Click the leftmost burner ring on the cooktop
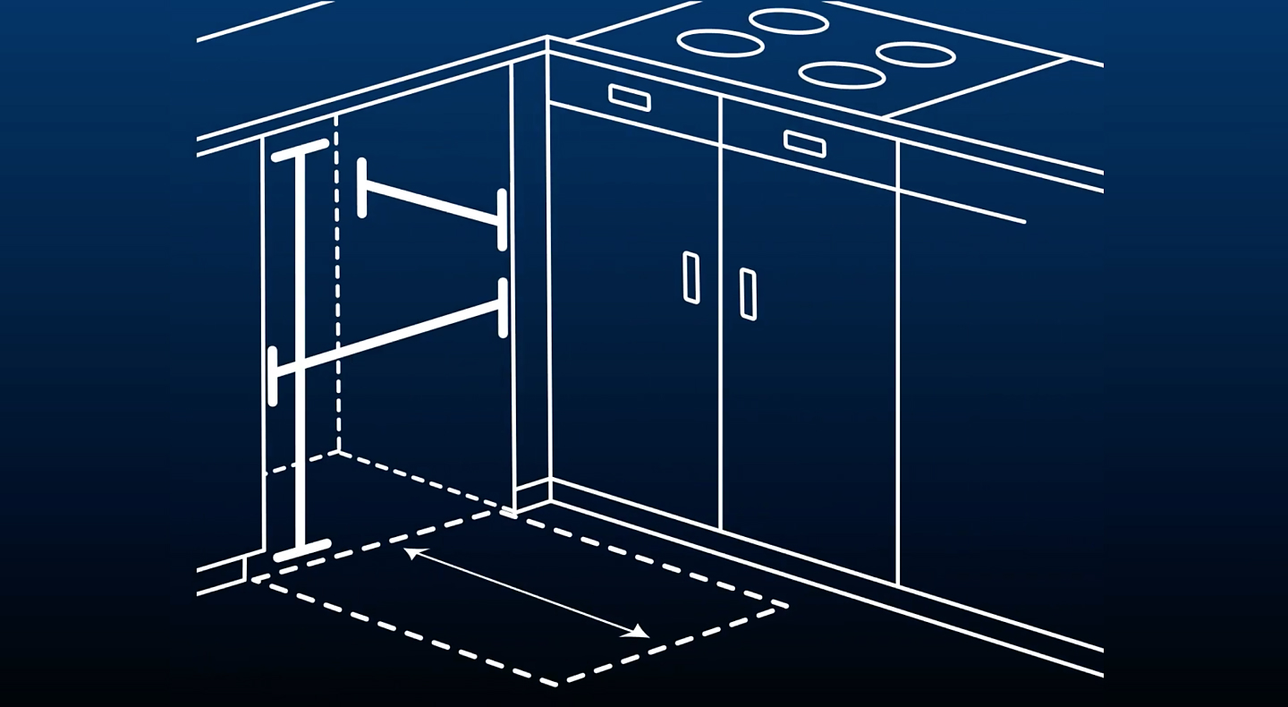coord(720,42)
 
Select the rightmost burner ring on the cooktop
coord(915,55)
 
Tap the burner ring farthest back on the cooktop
coord(788,21)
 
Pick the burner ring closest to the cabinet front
coord(842,74)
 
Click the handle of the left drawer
coord(629,97)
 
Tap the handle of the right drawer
coord(804,143)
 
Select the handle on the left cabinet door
coord(691,277)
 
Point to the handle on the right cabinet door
coord(748,294)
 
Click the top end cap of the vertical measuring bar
coord(301,150)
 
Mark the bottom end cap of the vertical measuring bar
coord(302,549)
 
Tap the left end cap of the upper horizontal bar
coord(362,188)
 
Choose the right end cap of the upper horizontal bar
coord(503,219)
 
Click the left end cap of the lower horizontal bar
coord(273,377)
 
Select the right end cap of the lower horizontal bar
coord(503,308)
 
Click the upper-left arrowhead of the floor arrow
coord(411,552)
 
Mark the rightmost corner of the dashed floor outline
coord(785,607)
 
